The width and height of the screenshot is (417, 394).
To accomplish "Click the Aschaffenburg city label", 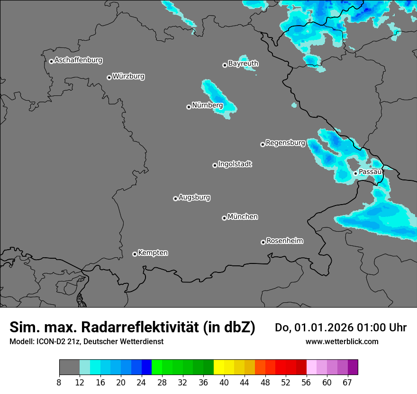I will click(78, 60).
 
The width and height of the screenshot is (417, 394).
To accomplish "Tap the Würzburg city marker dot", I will click(109, 77).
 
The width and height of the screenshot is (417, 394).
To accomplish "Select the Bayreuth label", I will click(243, 63).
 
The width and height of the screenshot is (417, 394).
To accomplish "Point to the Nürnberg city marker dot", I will click(189, 107).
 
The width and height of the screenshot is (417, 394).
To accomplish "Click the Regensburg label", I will click(285, 142).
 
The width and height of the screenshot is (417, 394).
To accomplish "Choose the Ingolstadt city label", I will click(235, 164).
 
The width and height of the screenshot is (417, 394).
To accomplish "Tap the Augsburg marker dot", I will click(175, 198).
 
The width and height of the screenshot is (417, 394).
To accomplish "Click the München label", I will click(243, 216).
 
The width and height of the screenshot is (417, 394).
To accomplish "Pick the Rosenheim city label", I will click(284, 241).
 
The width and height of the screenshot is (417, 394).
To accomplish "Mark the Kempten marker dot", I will click(135, 254).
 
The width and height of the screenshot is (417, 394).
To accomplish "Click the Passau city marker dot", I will click(355, 173).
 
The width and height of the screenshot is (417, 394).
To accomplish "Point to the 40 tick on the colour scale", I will click(224, 382).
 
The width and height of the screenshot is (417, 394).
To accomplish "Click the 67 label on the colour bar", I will click(347, 382).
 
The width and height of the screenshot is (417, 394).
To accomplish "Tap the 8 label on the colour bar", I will click(59, 382).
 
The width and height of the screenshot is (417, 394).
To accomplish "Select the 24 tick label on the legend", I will click(142, 382).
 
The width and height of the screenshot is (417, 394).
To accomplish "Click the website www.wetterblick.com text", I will click(342, 341).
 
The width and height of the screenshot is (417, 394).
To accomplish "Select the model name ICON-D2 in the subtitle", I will click(49, 341).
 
